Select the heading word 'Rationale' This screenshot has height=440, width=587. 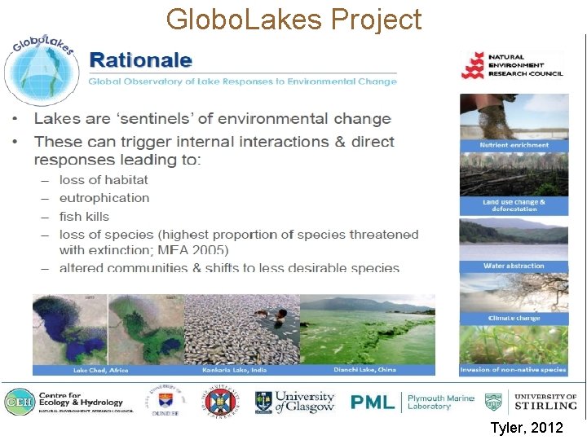pos(141,59)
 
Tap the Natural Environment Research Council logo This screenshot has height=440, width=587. pos(512,64)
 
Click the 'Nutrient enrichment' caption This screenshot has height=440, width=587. pos(514,145)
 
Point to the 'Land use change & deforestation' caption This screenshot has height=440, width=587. pos(514,205)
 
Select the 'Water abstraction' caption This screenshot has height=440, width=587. pos(514,266)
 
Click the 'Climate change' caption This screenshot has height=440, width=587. pos(514,318)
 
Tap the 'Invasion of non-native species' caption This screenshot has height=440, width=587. pos(514,370)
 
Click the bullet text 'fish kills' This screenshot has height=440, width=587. pos(84,217)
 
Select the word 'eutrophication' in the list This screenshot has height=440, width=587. pos(104,198)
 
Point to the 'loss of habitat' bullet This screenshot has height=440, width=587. pos(104,179)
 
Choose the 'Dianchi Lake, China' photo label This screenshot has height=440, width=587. pos(364,370)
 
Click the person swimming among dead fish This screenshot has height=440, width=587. pos(277,315)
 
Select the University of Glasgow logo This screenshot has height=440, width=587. pos(294,401)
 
